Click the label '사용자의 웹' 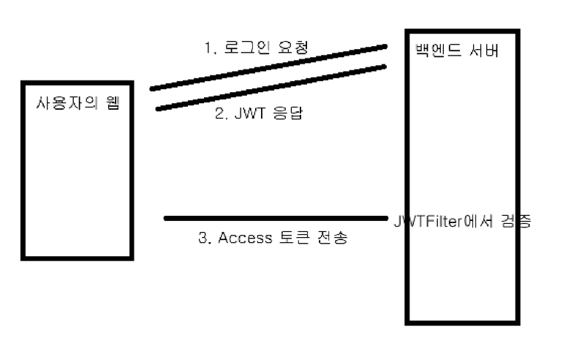(x=78, y=102)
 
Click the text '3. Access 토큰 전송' (x=273, y=239)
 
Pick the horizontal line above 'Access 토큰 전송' (x=275, y=217)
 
